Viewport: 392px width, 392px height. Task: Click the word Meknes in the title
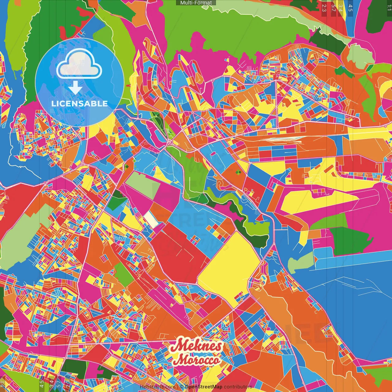[x=196, y=346]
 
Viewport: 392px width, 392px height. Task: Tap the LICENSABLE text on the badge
[x=80, y=104]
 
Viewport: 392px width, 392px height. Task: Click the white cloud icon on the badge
[x=79, y=64]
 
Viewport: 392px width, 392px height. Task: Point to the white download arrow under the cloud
[x=75, y=88]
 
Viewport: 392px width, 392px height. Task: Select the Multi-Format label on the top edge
[x=196, y=3]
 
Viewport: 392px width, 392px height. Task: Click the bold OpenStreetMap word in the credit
[x=204, y=387]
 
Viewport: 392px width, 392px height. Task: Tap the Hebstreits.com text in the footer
[x=157, y=387]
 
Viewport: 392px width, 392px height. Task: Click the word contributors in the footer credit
[x=238, y=387]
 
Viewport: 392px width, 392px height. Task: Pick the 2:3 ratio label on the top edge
[x=324, y=8]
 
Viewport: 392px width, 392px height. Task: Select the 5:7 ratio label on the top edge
[x=333, y=8]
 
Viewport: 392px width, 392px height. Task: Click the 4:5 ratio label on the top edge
[x=350, y=8]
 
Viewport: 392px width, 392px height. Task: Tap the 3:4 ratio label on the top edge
[x=341, y=8]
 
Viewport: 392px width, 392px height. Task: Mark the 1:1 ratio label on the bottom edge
[x=3, y=384]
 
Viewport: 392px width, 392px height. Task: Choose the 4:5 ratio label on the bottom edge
[x=42, y=384]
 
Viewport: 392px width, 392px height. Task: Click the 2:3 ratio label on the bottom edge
[x=68, y=384]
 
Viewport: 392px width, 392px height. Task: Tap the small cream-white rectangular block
[x=151, y=219]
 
